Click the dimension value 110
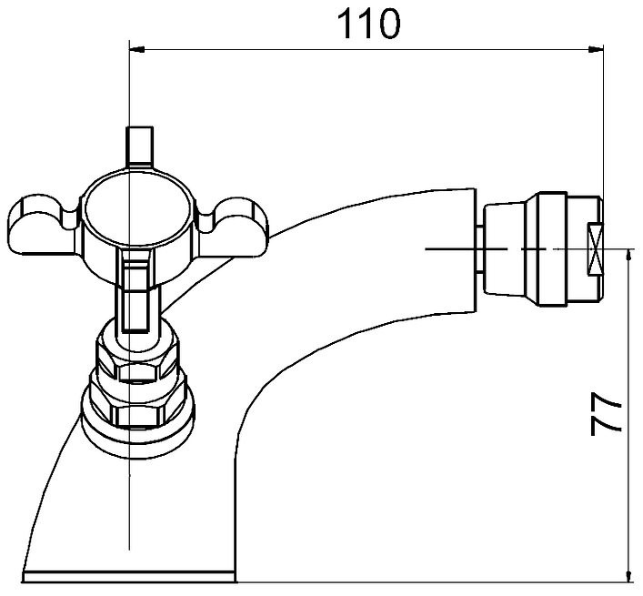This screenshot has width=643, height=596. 368,25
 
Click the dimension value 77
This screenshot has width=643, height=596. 606,415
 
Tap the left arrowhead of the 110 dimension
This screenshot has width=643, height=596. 137,50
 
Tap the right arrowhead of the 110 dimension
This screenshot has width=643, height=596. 596,50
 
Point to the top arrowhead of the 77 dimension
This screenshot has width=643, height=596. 628,257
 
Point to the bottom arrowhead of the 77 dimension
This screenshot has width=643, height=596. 628,574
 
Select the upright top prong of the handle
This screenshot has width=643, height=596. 140,146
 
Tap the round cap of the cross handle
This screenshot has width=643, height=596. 136,214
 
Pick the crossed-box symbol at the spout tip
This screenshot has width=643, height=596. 595,249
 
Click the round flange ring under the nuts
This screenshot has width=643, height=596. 137,439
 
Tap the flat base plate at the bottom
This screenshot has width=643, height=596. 129,577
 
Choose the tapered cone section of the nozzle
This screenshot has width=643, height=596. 505,249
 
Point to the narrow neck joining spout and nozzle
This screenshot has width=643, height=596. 480,249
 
